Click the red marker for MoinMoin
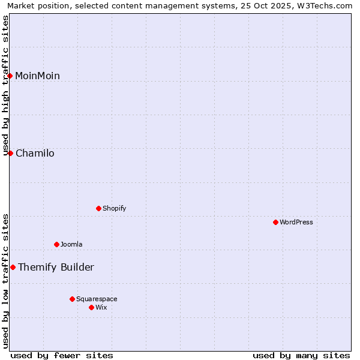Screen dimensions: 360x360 [10, 76]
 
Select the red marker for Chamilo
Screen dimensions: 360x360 [10, 153]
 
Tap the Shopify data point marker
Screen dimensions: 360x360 [98, 208]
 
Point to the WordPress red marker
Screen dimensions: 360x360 [275, 222]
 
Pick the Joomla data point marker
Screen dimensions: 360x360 [56, 244]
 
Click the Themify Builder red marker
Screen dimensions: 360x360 [13, 267]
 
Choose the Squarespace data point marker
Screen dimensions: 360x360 [72, 299]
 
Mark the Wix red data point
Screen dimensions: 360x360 [91, 307]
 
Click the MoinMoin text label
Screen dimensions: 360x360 [37, 76]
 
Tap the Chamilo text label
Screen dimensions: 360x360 [35, 153]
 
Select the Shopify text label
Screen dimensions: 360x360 [114, 208]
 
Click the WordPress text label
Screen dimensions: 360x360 [296, 222]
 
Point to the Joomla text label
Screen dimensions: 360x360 [71, 244]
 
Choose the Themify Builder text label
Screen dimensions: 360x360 [56, 267]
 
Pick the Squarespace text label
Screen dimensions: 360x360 [97, 299]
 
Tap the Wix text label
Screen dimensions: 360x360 [101, 307]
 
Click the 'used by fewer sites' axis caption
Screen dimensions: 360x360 [62, 355]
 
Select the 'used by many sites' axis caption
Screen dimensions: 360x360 [301, 355]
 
